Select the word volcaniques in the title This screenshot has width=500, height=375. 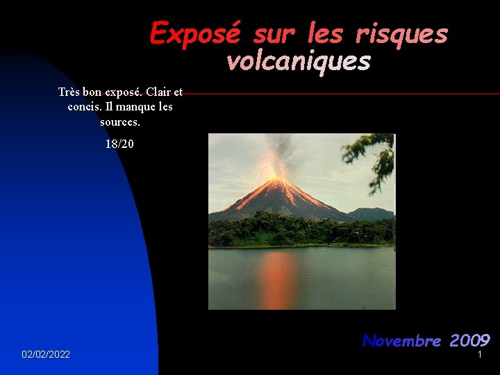coord(299,62)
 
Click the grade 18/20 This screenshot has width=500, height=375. coord(119,144)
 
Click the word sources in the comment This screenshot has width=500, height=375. coord(119,122)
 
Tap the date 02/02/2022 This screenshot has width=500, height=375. coord(46,355)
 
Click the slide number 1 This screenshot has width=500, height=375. coord(479,355)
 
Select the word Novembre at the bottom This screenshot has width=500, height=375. coord(401,340)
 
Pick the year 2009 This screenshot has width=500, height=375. coord(469,340)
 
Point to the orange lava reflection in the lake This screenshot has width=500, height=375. coord(278,278)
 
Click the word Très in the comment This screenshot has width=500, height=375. coord(69,92)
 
